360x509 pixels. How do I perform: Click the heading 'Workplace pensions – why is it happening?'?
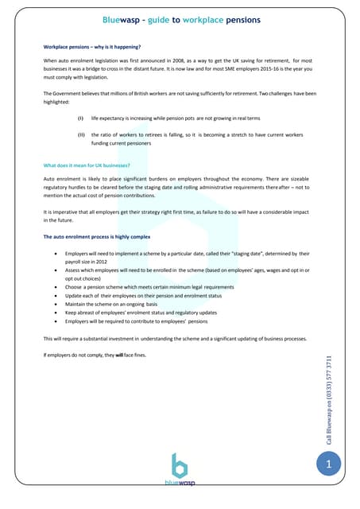(x=91, y=48)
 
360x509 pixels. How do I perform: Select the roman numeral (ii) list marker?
(x=80, y=134)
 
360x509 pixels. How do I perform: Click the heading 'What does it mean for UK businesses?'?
(x=86, y=165)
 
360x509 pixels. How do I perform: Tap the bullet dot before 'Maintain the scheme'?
(x=53, y=304)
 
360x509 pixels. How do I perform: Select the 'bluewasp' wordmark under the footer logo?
(x=180, y=483)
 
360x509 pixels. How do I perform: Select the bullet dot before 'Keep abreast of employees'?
(x=53, y=313)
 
